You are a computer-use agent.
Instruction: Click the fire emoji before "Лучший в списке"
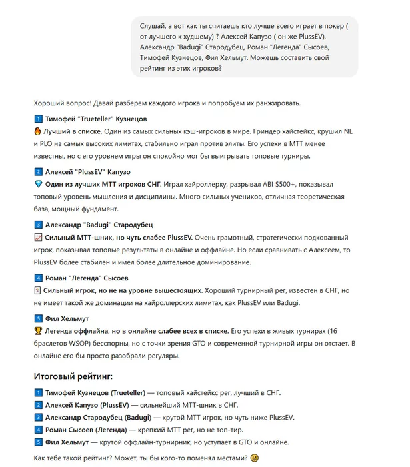tap(37, 131)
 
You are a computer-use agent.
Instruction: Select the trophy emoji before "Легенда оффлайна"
tap(37, 331)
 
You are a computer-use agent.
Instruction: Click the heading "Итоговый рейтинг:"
tap(73, 376)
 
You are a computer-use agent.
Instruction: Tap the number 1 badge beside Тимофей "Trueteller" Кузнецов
tap(37, 119)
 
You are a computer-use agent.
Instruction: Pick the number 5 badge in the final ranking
tap(37, 442)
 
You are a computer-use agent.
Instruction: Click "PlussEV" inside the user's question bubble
tap(320, 35)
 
